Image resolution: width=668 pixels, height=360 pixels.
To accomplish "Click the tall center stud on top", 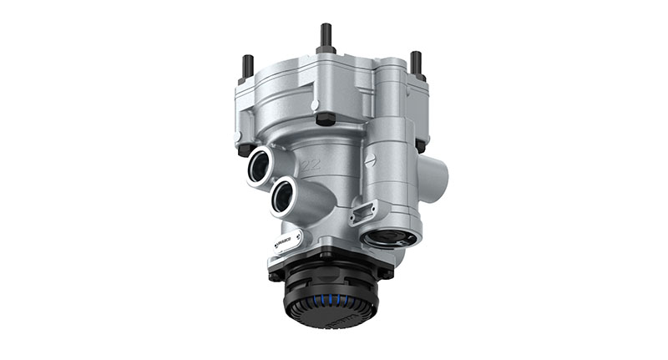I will point(325,38).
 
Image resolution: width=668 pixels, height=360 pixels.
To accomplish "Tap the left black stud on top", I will point(247,67).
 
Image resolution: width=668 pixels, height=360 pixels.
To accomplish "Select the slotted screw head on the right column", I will point(372,156).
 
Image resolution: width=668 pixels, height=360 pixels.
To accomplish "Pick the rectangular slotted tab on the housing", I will point(365,211).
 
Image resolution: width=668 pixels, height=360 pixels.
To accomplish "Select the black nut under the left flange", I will point(245,150).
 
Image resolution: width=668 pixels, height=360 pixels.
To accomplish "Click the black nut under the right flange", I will point(419,145).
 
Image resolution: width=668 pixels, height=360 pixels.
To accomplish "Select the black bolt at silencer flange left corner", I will point(275,270).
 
